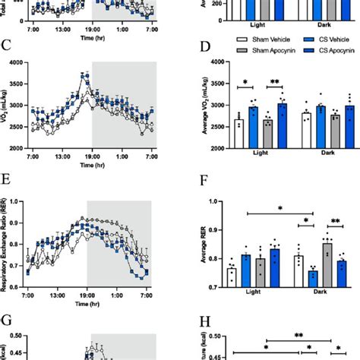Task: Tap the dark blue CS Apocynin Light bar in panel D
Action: (x=283, y=125)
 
